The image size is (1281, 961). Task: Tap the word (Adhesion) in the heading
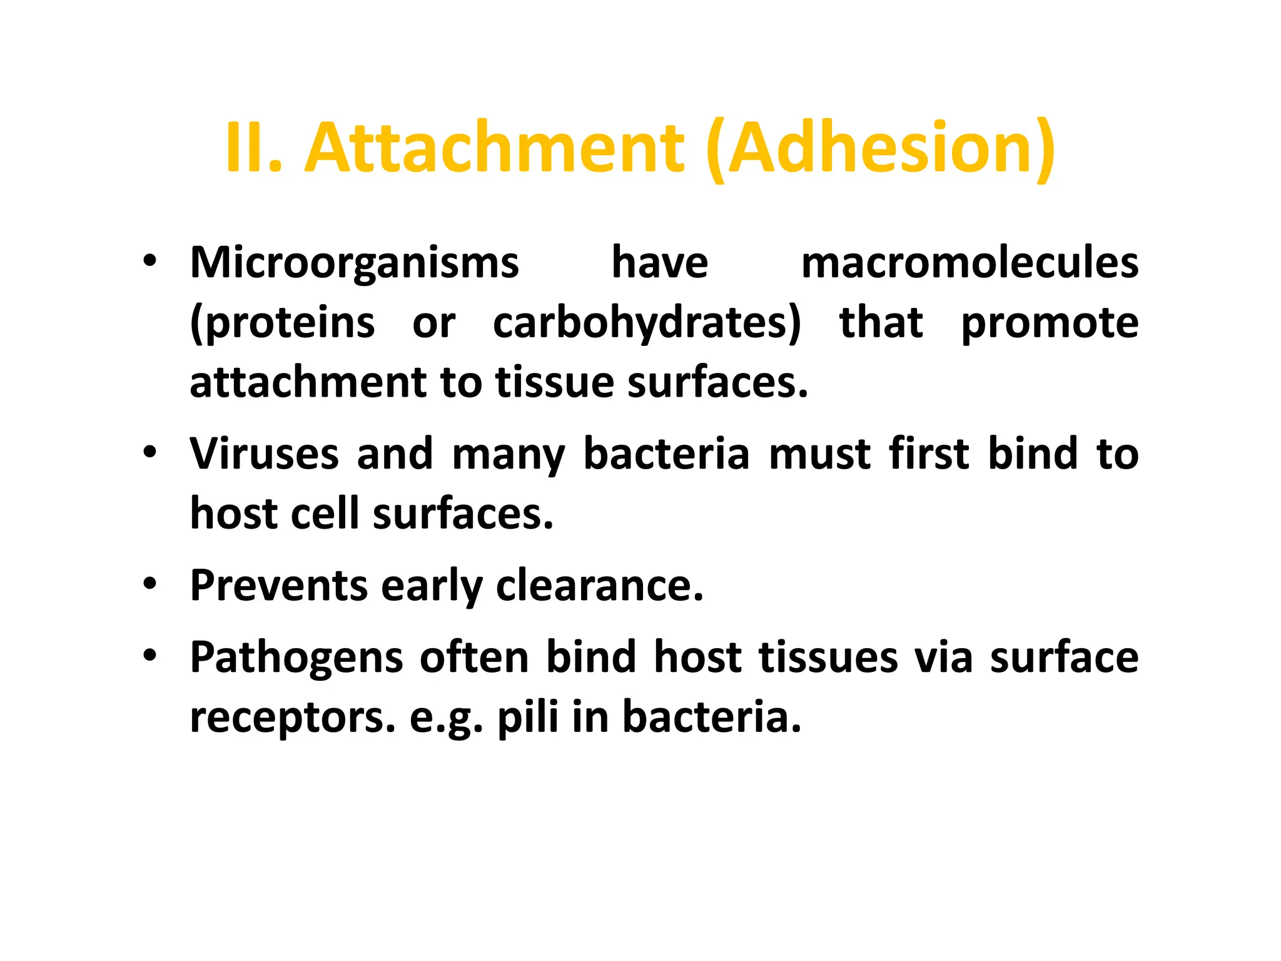tap(881, 148)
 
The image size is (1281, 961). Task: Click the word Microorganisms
tap(354, 263)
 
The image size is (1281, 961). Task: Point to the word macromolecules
tap(970, 263)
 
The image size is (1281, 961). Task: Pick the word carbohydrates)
tap(647, 323)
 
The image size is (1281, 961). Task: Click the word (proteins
tap(282, 323)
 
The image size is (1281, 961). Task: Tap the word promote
tap(1050, 323)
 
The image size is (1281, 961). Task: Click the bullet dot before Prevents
tap(149, 584)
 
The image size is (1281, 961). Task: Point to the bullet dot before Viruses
tap(149, 452)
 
